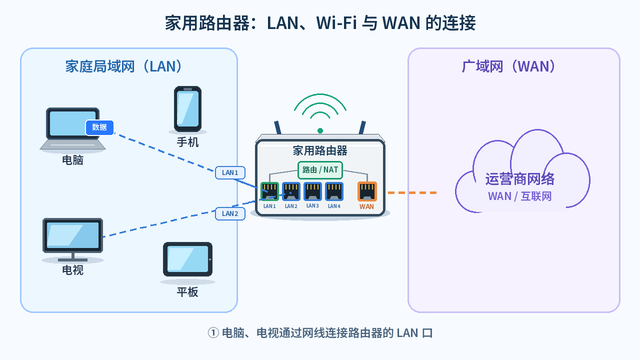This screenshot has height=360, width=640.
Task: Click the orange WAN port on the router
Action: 367,191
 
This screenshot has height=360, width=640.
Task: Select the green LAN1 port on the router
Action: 269,191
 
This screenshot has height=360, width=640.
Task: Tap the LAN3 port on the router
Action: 312,191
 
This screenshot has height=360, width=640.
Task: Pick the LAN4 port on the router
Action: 334,191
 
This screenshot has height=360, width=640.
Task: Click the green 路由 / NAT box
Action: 320,170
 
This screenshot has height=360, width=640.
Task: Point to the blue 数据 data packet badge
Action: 99,127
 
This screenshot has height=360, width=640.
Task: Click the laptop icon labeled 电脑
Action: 73,129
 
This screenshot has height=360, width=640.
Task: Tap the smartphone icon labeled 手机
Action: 187,109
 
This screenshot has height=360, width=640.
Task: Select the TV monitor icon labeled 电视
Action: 73,240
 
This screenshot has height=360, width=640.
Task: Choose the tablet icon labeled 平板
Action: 187,259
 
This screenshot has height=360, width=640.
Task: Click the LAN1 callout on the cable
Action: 230,172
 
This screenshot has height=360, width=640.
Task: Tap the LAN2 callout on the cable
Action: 230,213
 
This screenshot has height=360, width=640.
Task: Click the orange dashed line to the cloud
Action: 412,193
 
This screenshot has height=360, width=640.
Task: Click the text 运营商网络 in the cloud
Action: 519,179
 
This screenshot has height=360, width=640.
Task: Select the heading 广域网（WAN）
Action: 508,66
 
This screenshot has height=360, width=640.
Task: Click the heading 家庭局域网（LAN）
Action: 123,66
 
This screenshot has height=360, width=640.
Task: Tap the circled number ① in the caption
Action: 213,333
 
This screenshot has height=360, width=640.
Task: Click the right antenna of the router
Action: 362,127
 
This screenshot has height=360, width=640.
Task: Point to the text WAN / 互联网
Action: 519,196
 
